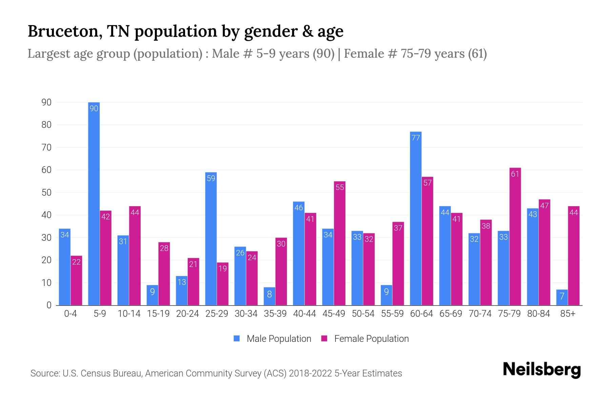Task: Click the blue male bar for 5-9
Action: [x=94, y=203]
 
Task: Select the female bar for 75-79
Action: [x=515, y=237]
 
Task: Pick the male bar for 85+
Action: [x=562, y=297]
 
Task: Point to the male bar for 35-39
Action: [x=269, y=296]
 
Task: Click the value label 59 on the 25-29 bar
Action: [x=211, y=178]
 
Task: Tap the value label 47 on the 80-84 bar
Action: [x=544, y=206]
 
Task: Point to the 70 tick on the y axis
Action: [x=46, y=148]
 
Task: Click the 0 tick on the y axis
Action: [x=49, y=305]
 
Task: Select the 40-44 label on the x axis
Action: [x=304, y=314]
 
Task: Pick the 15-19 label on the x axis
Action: [x=158, y=314]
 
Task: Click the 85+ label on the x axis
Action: [x=568, y=314]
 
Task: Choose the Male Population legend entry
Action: [x=279, y=339]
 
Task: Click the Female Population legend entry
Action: [x=371, y=339]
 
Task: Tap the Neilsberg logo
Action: [x=542, y=370]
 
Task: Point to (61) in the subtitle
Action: [x=477, y=54]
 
